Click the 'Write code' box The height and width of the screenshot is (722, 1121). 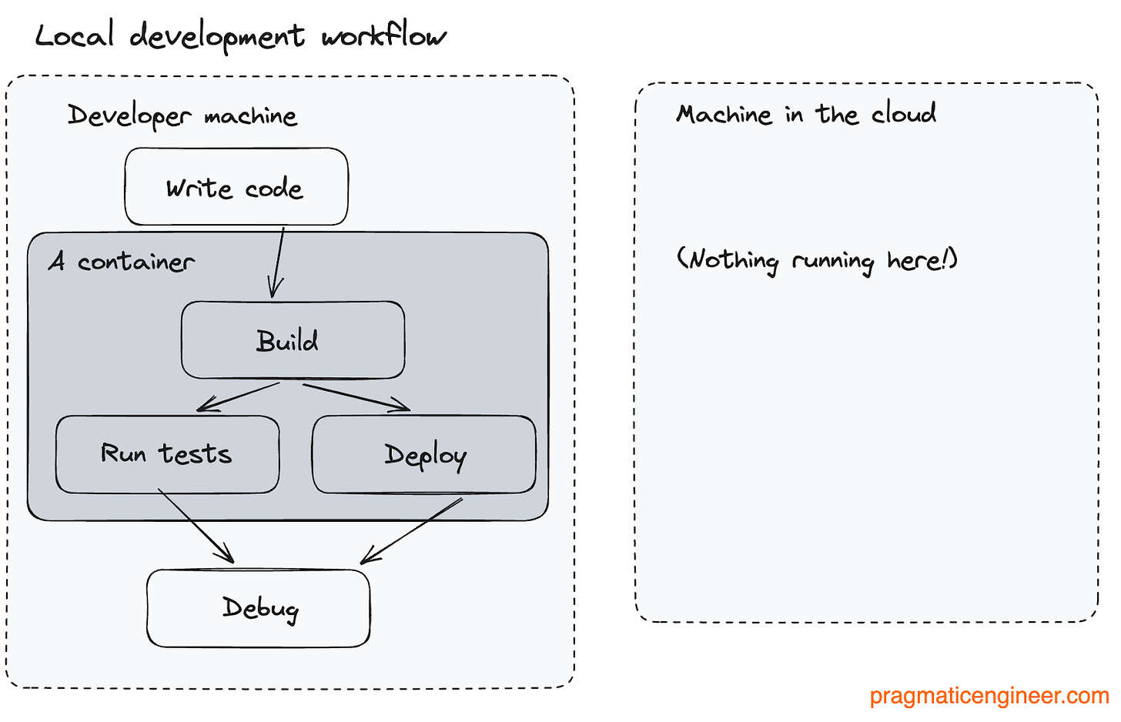pos(236,187)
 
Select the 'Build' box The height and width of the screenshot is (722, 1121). pos(293,340)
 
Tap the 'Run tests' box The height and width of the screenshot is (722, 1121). pos(167,454)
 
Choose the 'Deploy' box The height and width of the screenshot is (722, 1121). pos(423,454)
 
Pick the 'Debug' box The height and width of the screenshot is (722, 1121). pos(259,608)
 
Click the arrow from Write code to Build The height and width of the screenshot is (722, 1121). pos(278,262)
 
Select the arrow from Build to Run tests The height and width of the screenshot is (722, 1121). pos(238,396)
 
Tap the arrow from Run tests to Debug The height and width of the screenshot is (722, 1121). pos(196,525)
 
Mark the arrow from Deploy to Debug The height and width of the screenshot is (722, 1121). pos(412,531)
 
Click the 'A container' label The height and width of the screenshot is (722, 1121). pos(121,262)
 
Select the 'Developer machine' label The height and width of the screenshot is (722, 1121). pos(182,115)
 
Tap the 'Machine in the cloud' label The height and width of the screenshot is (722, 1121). pos(806,114)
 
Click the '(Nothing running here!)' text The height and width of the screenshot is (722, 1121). pos(817,260)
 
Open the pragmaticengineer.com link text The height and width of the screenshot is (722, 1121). pos(989,696)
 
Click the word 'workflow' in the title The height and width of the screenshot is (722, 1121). pos(383,36)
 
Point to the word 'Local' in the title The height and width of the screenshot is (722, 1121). pos(75,35)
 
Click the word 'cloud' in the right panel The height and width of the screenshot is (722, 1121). pos(904,113)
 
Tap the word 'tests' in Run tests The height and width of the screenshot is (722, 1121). pos(196,454)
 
